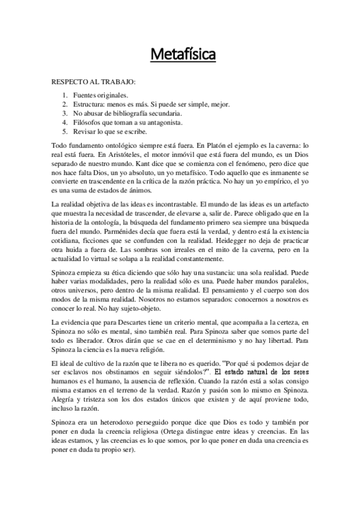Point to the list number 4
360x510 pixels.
point(65,122)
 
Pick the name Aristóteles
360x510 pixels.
point(103,155)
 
